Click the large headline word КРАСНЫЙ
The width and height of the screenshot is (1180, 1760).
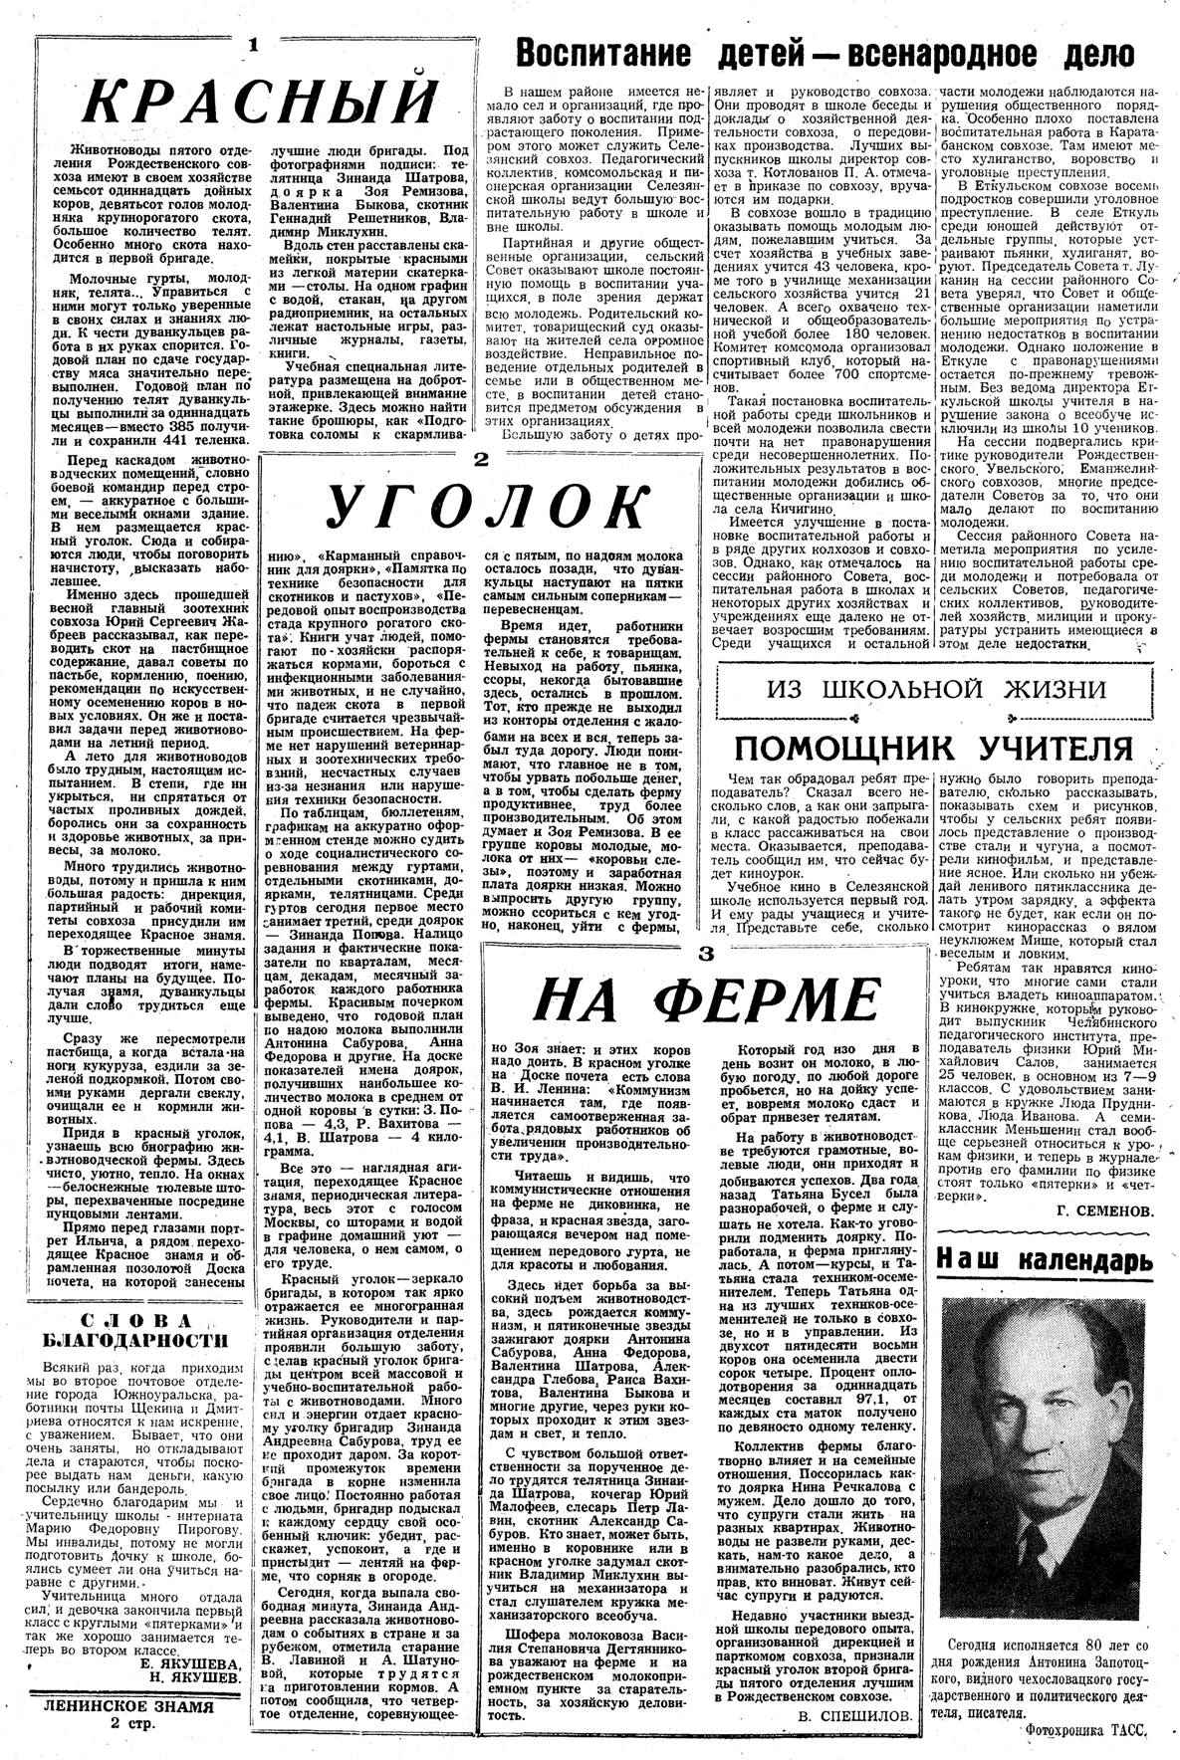(x=259, y=101)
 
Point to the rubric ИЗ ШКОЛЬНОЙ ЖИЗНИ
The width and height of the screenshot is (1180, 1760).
(x=936, y=689)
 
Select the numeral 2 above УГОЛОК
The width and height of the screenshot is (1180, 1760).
(x=480, y=460)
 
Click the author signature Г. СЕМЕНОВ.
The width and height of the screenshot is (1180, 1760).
(x=1103, y=1211)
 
